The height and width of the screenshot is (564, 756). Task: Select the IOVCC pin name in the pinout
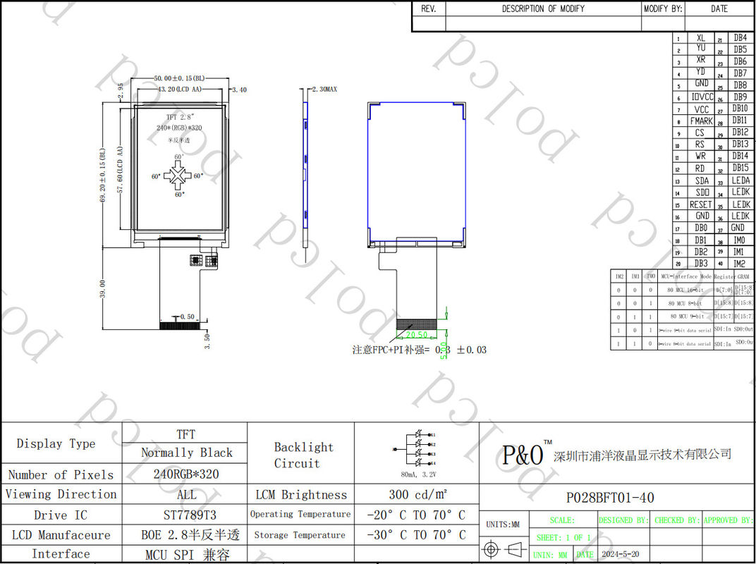tap(702, 97)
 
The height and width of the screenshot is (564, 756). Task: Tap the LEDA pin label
tap(740, 180)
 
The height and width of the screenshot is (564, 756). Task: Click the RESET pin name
tap(700, 204)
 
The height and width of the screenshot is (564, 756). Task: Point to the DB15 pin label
tap(740, 168)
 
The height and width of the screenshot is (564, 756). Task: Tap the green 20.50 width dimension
tap(415, 336)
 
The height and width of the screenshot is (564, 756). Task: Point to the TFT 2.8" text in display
tap(181, 116)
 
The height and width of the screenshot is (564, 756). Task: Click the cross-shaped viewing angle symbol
tap(178, 176)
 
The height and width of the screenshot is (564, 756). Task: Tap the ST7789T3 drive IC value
tap(185, 515)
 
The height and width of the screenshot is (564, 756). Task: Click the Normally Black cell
tap(186, 453)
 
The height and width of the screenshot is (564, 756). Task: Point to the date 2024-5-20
tap(620, 555)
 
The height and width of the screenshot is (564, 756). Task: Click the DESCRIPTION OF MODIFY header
tap(543, 8)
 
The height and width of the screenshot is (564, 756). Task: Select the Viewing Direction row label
tap(61, 494)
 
